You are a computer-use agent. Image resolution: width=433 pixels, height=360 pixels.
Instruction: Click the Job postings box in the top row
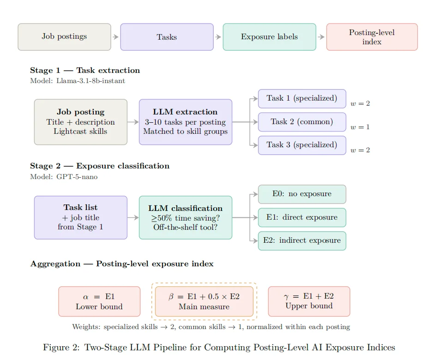pyautogui.click(x=64, y=37)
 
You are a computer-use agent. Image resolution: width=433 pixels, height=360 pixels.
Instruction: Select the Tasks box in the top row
pyautogui.click(x=167, y=37)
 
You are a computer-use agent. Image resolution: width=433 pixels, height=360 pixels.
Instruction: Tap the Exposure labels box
pyautogui.click(x=269, y=37)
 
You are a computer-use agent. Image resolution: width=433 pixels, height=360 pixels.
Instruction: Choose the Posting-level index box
pyautogui.click(x=372, y=37)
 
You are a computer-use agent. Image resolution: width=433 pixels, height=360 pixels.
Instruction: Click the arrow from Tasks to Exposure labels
pyautogui.click(x=218, y=37)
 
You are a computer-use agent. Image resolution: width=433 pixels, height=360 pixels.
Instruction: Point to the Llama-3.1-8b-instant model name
pyautogui.click(x=90, y=81)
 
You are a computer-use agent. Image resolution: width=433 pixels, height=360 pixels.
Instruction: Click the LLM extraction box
pyautogui.click(x=185, y=122)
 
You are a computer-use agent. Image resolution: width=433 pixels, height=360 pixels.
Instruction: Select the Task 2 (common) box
pyautogui.click(x=302, y=122)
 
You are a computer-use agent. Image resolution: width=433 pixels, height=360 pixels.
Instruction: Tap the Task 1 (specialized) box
pyautogui.click(x=302, y=99)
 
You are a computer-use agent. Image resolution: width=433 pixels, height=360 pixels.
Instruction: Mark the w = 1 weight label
pyautogui.click(x=360, y=127)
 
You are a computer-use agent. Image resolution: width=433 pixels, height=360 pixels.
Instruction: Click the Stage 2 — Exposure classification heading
pyautogui.click(x=100, y=166)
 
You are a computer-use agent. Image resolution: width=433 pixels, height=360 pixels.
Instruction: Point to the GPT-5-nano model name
pyautogui.click(x=77, y=177)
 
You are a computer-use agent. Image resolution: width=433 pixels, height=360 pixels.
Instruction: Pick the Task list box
pyautogui.click(x=81, y=217)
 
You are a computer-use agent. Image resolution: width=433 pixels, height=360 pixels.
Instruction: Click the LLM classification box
pyautogui.click(x=185, y=217)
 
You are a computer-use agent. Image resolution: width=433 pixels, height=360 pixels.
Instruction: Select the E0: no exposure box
pyautogui.click(x=302, y=194)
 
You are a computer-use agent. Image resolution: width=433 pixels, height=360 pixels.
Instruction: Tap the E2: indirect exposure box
pyautogui.click(x=302, y=241)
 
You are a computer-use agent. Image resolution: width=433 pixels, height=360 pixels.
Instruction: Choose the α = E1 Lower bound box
pyautogui.click(x=99, y=301)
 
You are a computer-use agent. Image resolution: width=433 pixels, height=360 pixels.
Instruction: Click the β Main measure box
pyautogui.click(x=204, y=301)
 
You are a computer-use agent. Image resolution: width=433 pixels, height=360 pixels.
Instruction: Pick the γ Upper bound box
pyautogui.click(x=309, y=301)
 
